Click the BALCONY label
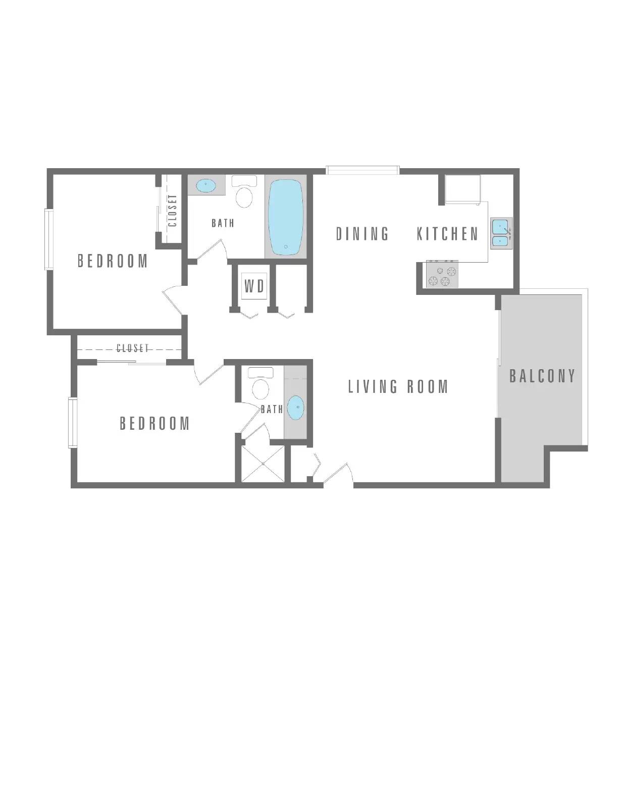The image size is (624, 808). point(542,376)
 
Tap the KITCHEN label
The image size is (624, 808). point(447,234)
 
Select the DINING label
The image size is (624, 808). point(362,234)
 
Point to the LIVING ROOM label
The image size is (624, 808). point(398,387)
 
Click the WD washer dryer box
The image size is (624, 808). point(254,286)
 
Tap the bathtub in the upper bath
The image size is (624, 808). point(286,218)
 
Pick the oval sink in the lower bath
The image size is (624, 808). point(296,407)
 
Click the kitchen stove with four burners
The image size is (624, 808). point(442,275)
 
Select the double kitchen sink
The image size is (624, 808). point(501,233)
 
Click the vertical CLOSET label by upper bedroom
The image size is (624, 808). point(172,211)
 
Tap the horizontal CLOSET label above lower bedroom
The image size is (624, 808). point(133,348)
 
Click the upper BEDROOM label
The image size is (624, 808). point(113,261)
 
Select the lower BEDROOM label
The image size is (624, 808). point(154,423)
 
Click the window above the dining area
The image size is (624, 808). point(362,170)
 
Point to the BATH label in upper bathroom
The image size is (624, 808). point(223,223)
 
